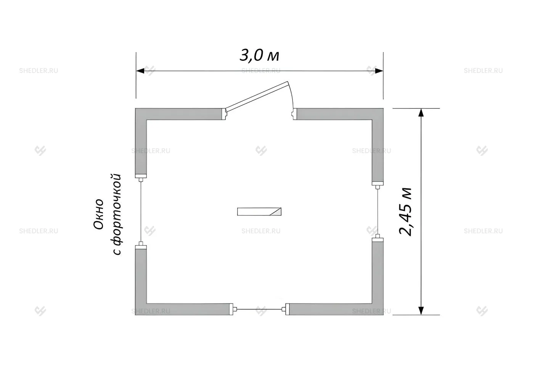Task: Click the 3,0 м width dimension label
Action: (259, 56)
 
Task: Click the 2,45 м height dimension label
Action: (405, 212)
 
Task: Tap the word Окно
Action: (98, 214)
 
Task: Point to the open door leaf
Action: (257, 96)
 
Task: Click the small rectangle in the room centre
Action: (259, 212)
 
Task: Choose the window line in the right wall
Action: (377, 212)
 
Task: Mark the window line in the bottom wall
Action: (259, 309)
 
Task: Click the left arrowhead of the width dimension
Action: (140, 71)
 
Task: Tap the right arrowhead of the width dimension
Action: (379, 71)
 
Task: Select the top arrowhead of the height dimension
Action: (421, 112)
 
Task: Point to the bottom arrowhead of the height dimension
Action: (421, 310)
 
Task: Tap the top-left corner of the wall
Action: (135, 108)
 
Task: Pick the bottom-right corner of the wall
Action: (383, 315)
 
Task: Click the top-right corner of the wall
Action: (383, 108)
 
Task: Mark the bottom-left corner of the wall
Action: (135, 315)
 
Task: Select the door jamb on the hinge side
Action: (224, 114)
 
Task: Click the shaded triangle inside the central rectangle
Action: (277, 212)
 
